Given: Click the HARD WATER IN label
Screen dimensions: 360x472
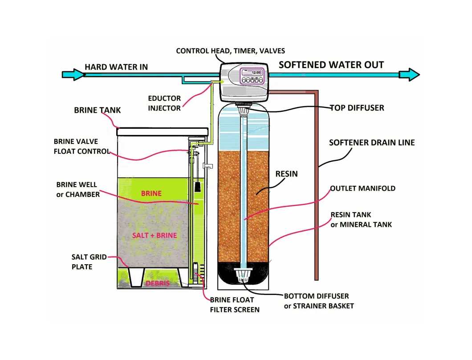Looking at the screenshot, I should (x=116, y=67).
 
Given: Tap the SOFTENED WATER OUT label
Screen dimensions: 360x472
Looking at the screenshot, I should (x=331, y=65).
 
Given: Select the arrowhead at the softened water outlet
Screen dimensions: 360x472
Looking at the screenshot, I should (x=410, y=74).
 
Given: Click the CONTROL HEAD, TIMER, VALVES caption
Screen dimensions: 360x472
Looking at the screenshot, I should (x=231, y=51).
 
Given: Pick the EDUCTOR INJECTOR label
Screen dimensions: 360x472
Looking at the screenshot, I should (x=164, y=103).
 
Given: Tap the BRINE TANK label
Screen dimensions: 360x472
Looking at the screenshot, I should (x=97, y=110).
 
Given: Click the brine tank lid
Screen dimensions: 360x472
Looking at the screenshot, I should (x=163, y=131).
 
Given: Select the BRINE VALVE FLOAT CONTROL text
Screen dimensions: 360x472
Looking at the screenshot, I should (x=81, y=147).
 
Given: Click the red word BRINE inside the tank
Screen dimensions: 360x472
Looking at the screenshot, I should (x=151, y=194).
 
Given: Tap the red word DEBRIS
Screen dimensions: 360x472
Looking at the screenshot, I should (x=158, y=283).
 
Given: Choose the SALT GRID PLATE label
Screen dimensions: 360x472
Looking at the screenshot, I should (x=82, y=262).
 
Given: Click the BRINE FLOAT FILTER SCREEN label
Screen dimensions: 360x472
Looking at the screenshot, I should (x=235, y=305).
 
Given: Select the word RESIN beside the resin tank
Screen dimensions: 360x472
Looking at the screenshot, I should (x=286, y=174).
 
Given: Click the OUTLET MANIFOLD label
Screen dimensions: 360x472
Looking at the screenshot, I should (x=362, y=188).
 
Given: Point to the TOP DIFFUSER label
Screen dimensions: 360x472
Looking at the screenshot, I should (x=357, y=108).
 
